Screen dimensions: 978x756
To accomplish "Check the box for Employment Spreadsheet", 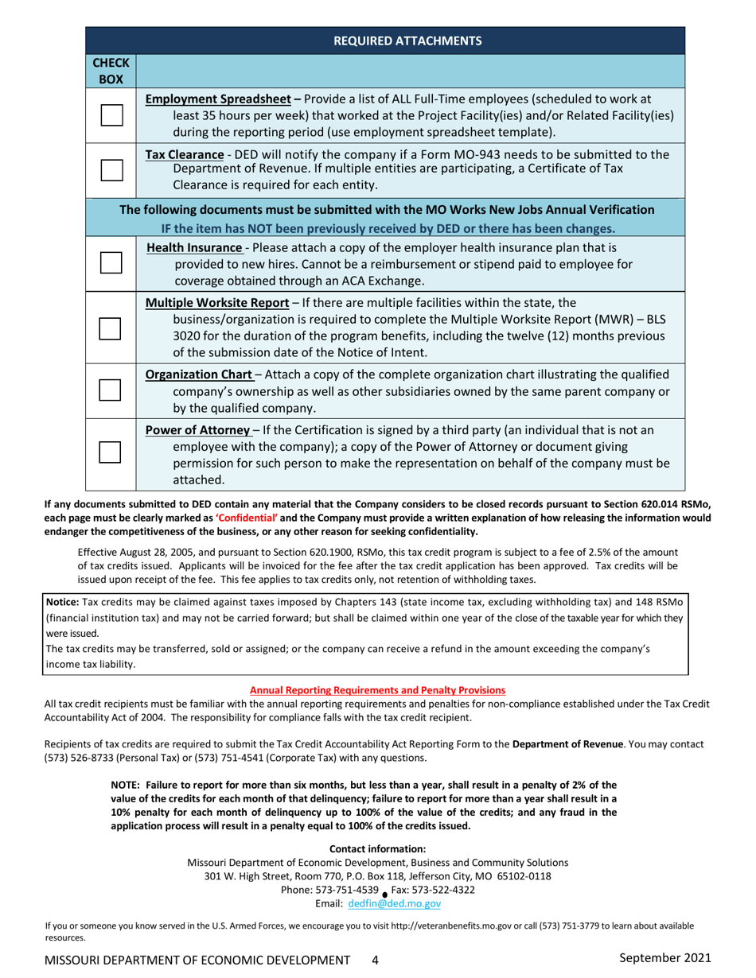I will (x=111, y=114).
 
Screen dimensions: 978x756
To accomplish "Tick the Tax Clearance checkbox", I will (x=111, y=169).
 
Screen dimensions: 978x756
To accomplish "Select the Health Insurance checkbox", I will (x=111, y=262).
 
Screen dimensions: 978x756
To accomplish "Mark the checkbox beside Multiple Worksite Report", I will (x=111, y=328).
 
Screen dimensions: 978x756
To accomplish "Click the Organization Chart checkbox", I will (x=111, y=389).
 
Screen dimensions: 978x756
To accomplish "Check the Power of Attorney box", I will (x=111, y=451).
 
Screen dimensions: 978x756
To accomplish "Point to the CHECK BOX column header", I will (x=111, y=71).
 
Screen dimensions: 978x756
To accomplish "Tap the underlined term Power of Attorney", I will (x=197, y=430).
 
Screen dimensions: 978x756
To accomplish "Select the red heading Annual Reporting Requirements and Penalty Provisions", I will (x=377, y=689).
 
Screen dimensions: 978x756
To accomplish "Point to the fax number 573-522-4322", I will (x=445, y=890).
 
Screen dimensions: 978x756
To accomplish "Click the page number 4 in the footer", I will (x=375, y=960).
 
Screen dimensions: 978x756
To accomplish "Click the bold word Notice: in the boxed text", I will (x=62, y=603).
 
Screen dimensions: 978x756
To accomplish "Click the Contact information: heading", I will (x=377, y=848).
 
